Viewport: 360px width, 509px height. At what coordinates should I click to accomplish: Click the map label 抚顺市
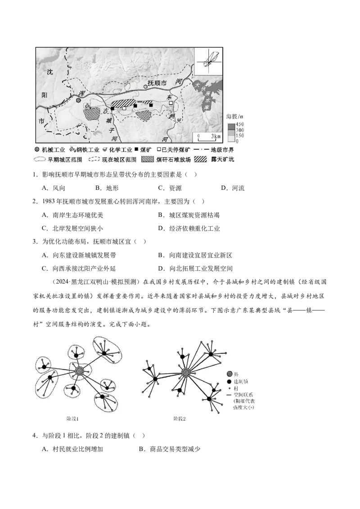158,83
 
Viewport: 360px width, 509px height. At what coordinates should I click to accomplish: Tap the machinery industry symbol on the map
79,101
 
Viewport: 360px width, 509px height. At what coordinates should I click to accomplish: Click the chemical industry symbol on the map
180,120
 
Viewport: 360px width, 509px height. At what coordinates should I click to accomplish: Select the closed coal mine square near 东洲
171,103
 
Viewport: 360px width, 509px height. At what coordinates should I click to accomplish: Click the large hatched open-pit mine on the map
123,103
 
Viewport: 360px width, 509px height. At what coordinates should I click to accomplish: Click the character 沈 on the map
51,71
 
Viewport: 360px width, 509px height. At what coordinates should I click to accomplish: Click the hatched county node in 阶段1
80,371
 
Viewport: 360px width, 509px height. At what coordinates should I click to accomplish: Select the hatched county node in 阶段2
185,372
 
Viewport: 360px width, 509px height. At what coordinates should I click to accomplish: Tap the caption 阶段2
180,419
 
